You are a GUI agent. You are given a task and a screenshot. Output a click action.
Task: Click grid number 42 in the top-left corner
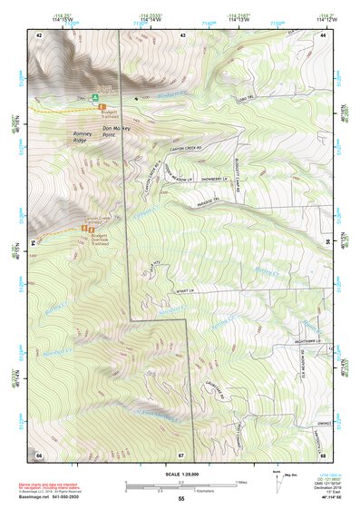(x=39, y=34)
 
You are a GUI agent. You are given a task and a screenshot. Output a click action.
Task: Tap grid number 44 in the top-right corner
(x=323, y=34)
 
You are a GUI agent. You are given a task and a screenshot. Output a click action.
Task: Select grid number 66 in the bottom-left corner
(x=39, y=453)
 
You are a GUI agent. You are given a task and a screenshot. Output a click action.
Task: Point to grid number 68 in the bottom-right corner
(x=323, y=455)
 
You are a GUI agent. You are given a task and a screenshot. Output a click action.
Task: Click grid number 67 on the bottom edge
(x=180, y=454)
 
